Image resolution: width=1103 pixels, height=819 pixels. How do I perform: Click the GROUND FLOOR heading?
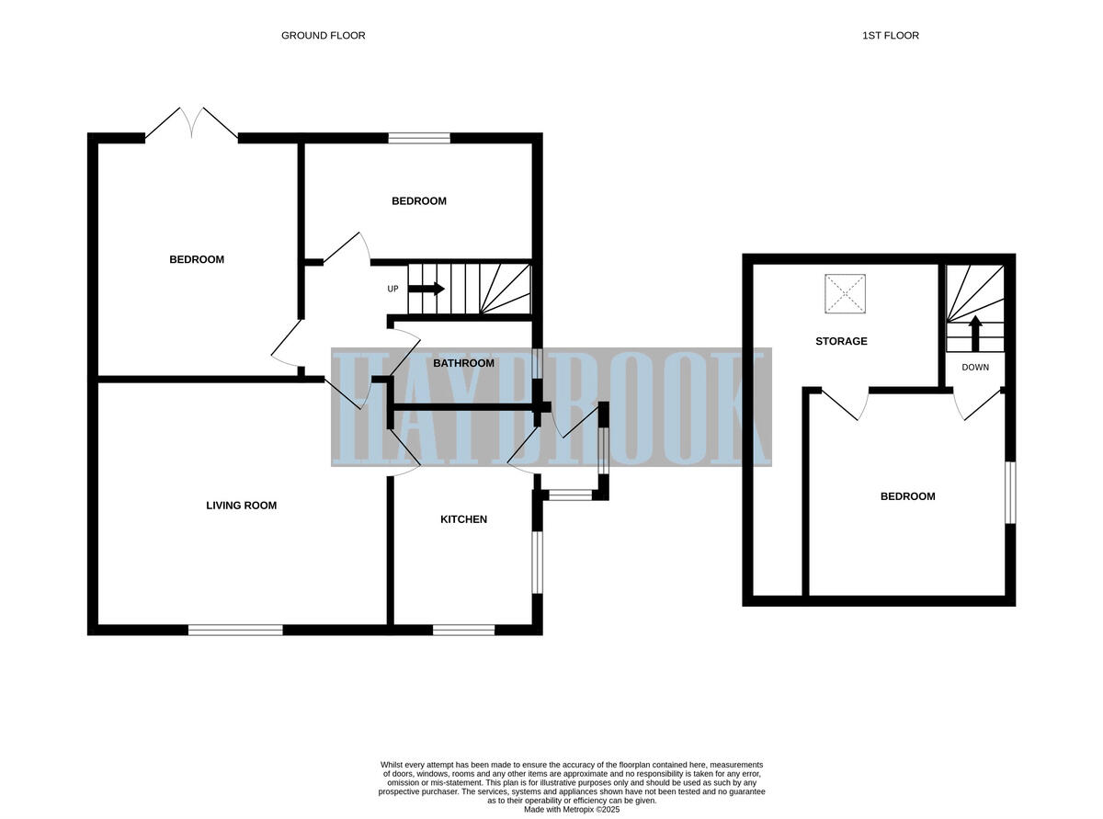[323, 36]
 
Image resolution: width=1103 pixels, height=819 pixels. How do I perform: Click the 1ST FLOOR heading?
[890, 36]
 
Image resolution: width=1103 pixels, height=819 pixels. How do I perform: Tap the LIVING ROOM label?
[241, 506]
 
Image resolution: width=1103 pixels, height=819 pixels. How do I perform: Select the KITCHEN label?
[463, 519]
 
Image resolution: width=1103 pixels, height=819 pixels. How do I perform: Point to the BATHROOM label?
[463, 363]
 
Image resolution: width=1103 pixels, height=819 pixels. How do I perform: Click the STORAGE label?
[841, 341]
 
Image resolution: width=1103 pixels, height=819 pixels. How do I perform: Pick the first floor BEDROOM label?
[907, 496]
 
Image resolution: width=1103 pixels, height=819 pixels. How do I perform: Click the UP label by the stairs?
[392, 289]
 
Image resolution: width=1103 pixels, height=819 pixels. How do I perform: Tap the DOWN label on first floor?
[975, 367]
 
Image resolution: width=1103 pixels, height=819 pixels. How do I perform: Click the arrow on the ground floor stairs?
[426, 289]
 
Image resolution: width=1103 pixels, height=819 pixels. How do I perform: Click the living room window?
[235, 630]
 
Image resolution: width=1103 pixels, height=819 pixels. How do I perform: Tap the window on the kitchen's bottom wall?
[463, 630]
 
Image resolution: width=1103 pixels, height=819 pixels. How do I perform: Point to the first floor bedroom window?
[1008, 493]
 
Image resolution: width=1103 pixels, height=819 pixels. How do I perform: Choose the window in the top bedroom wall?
[419, 139]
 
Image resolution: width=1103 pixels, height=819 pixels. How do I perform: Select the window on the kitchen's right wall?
[538, 562]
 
